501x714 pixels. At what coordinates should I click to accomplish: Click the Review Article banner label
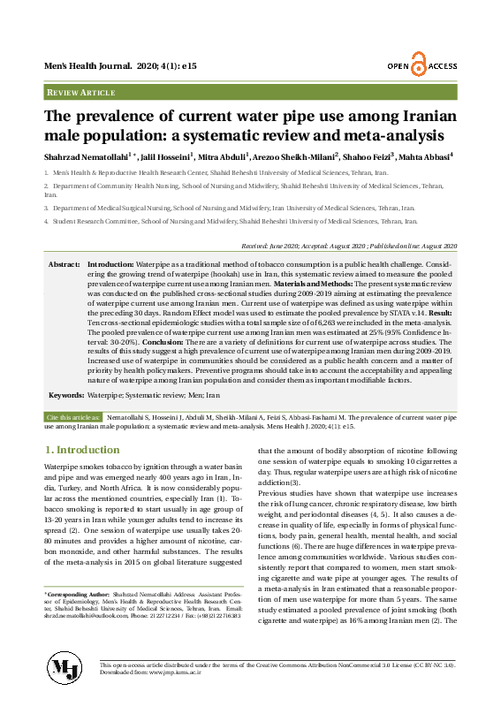(x=80, y=92)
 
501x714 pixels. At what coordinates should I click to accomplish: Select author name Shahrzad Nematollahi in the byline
(x=86, y=156)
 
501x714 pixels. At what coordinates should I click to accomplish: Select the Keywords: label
(x=67, y=395)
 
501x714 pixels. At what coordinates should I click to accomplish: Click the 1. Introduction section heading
(x=81, y=450)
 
